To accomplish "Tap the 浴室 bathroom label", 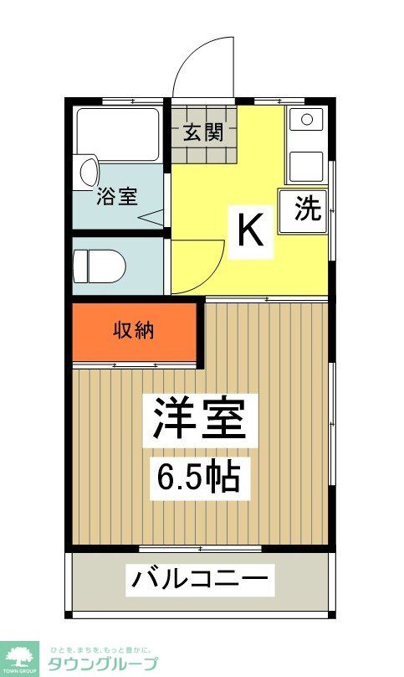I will pos(117,197).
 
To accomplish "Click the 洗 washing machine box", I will pos(307,209).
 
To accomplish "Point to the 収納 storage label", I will pos(134,330).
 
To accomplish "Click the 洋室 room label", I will pos(200,419).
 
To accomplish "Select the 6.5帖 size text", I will pos(200,477).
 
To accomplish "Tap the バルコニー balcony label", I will pos(200,579).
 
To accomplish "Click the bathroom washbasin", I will pos(86,172).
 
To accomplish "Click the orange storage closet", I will pos(134,333).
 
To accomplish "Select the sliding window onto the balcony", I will pos(200,550).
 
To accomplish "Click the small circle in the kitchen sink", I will pos(306,119).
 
